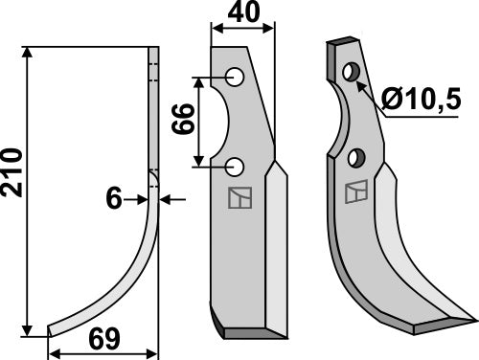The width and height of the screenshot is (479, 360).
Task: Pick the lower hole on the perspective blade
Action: (356, 156)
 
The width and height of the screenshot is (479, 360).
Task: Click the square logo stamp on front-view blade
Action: (237, 197)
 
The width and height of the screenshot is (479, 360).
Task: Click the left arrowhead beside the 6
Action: (144, 198)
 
